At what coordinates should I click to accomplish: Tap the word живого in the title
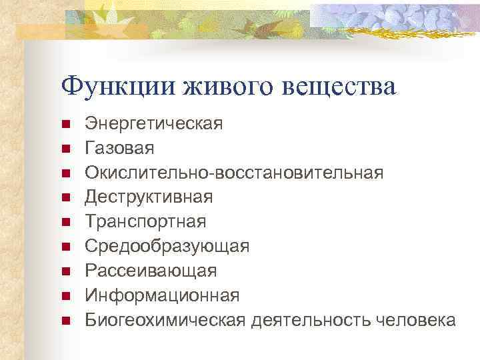[220, 87]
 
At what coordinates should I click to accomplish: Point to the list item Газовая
[119, 148]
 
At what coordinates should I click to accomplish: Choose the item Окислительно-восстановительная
[234, 173]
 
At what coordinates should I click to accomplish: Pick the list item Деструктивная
[149, 197]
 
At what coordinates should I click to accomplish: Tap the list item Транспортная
[145, 221]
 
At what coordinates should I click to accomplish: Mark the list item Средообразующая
[167, 246]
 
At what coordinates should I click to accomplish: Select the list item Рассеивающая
[151, 271]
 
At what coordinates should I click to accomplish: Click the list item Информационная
[162, 295]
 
